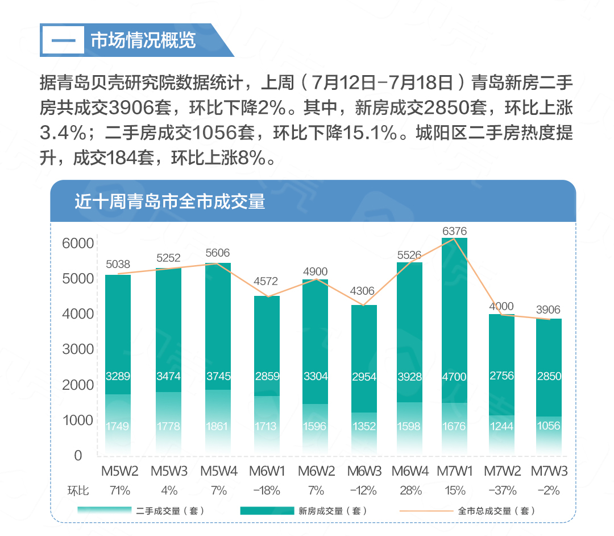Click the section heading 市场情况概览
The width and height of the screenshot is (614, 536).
coord(143,40)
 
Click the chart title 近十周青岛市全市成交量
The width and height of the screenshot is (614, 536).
coord(170,201)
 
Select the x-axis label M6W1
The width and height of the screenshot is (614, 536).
coord(267,471)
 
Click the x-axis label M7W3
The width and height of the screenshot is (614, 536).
coord(549,471)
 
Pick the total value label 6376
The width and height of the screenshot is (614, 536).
coord(454,231)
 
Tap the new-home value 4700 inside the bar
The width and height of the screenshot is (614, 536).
coord(454,376)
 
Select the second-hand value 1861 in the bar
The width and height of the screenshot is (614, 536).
coord(218,426)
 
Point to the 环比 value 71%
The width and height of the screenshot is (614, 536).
coord(120,490)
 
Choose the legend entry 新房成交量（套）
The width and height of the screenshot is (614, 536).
coord(333,511)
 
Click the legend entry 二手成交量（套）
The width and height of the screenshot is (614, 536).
coord(170,511)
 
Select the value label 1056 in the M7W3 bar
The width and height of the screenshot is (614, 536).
coord(549,426)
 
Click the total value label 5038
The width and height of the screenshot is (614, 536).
coord(118,264)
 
